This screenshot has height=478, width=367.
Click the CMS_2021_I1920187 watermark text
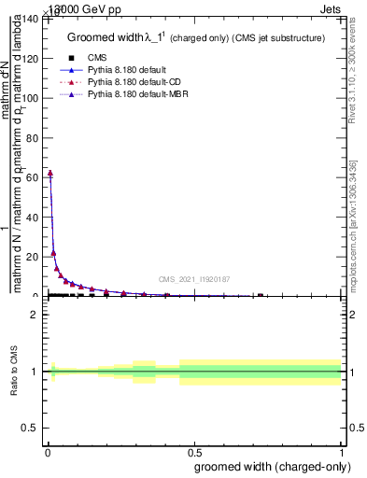tap(194, 278)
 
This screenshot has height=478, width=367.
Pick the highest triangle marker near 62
tap(49, 173)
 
